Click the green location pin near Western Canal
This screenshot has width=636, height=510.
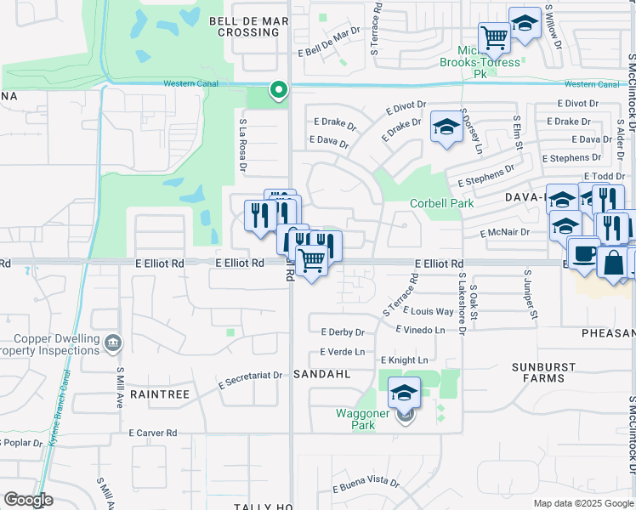[x=277, y=90]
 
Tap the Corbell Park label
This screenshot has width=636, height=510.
[x=441, y=203]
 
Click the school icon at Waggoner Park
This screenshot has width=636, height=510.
[x=404, y=393]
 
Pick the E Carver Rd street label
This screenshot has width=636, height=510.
[x=154, y=433]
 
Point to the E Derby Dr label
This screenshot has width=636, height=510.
[x=343, y=331]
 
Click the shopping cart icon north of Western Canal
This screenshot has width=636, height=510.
[x=493, y=37]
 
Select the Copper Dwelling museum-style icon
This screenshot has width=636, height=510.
[x=113, y=343]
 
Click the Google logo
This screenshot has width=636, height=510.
[x=28, y=501]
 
